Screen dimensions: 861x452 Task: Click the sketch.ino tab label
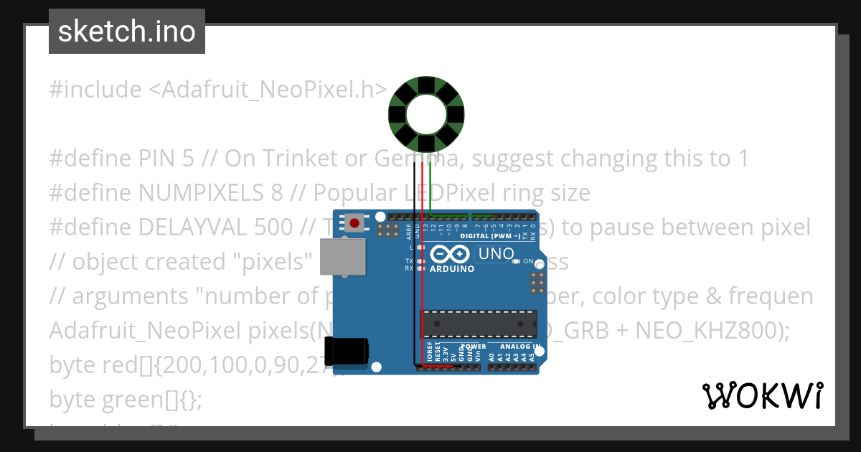coord(127,32)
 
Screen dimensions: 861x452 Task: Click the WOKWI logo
coord(763,395)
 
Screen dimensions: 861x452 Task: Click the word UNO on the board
coord(496,253)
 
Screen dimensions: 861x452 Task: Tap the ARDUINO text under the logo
coord(452,269)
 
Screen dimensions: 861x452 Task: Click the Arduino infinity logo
coord(451,254)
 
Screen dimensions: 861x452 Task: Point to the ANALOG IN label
coord(521,347)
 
